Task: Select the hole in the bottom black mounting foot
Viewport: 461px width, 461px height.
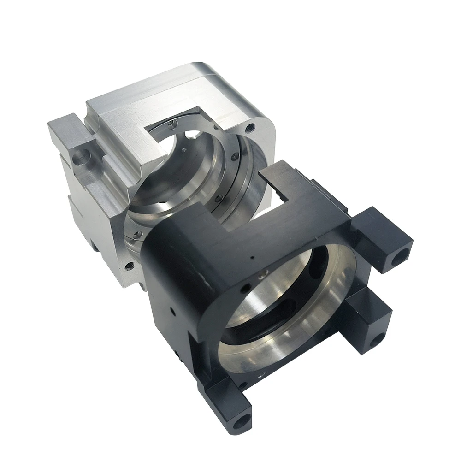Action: point(241,420)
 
